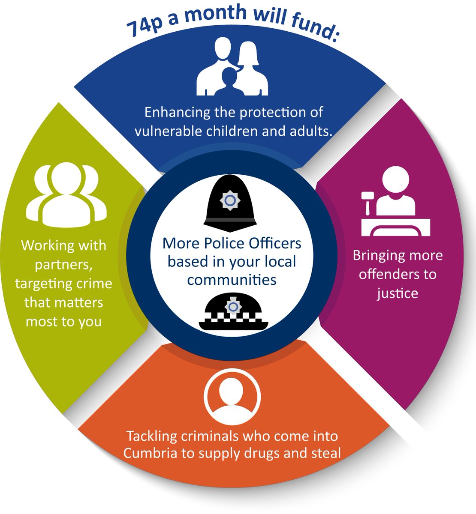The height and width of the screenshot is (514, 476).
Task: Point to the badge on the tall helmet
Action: tap(230, 200)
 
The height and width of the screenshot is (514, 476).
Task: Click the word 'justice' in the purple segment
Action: tap(397, 293)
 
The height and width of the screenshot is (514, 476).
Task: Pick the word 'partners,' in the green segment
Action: tap(63, 265)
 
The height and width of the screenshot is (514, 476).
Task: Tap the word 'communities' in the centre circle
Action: tap(232, 280)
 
